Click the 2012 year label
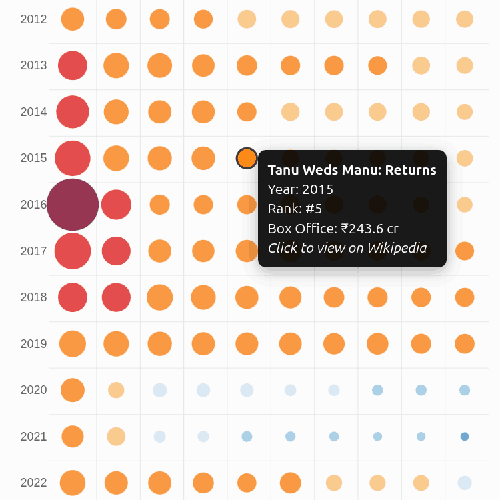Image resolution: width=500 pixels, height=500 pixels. (33, 19)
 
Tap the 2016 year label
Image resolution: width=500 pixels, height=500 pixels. (33, 205)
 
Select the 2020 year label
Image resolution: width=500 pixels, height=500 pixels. (33, 390)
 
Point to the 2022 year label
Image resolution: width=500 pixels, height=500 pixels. (33, 483)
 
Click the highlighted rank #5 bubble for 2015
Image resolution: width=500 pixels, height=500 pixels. (247, 158)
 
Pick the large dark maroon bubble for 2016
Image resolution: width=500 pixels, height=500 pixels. (73, 205)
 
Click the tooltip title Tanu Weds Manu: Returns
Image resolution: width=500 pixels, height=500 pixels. (352, 170)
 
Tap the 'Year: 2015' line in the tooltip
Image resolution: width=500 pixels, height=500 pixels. (301, 189)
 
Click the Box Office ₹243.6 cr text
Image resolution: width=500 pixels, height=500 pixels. (333, 229)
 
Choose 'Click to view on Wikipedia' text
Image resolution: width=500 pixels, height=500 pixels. (347, 248)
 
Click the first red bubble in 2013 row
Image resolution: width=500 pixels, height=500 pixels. (73, 65)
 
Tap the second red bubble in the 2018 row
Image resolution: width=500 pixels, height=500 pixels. (116, 297)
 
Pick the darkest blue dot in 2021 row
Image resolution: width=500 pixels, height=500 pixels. (465, 437)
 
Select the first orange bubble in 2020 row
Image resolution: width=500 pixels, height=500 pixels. (73, 390)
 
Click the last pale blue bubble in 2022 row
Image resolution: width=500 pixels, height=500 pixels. (465, 483)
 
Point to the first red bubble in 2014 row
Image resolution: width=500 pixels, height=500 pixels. (73, 111)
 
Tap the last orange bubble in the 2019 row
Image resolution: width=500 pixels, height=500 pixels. (465, 344)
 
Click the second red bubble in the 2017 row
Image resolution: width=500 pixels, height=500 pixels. (116, 251)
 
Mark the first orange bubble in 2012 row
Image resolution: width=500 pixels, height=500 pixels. (73, 19)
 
